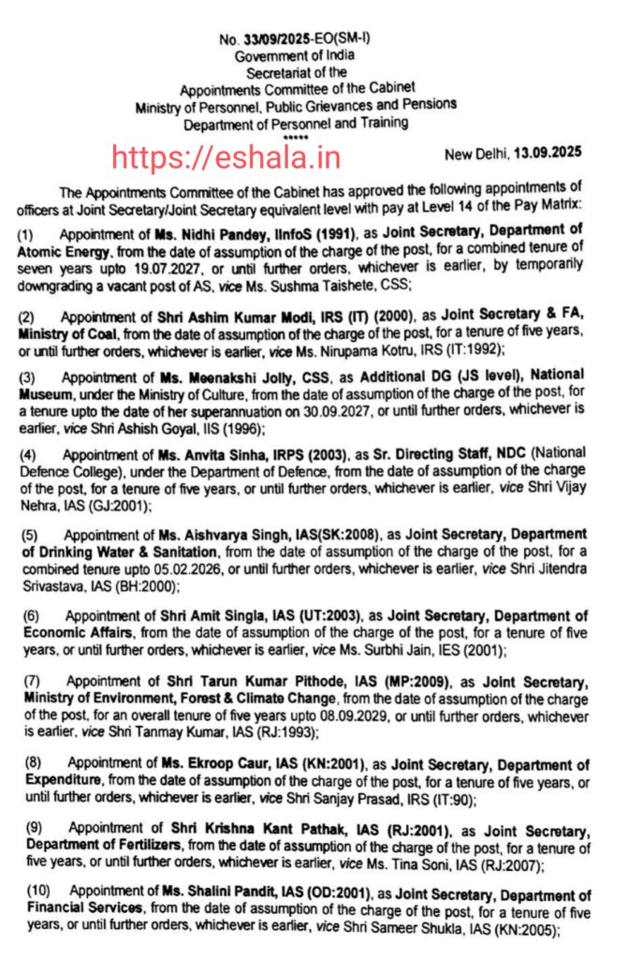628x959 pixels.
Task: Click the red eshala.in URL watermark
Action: point(226,155)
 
